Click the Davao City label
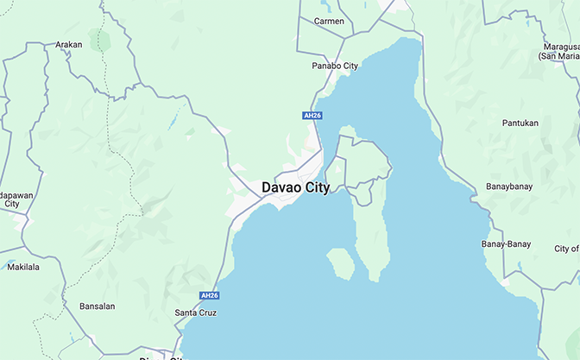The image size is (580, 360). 295,187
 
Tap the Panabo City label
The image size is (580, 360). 334,66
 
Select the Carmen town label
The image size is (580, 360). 329,21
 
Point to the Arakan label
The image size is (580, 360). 68,44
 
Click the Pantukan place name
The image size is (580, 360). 520,123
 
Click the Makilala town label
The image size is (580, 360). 23,267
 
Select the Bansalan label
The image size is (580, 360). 97,306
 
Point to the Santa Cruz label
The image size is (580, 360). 195,313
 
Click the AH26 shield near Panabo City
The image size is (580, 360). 312,116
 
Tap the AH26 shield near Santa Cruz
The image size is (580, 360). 209,295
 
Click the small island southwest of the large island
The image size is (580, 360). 340,263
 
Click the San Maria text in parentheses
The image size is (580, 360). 558,56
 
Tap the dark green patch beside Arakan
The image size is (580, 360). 103,40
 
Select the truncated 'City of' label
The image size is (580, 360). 566,249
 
